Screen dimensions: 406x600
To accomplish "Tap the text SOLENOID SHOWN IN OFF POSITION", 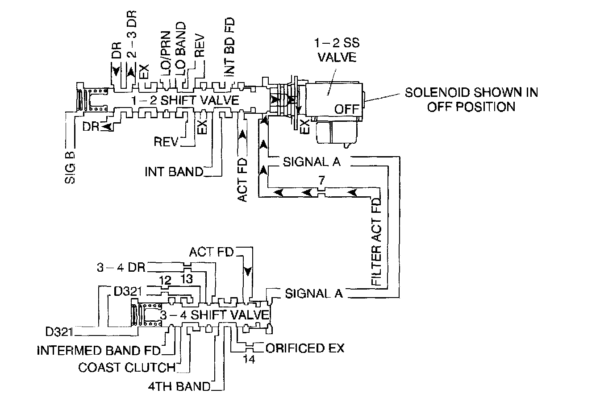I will [471, 99].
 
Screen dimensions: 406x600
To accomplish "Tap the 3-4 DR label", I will [121, 268].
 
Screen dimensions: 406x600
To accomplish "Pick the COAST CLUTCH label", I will [127, 368].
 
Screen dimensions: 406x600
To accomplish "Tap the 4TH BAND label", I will [179, 386].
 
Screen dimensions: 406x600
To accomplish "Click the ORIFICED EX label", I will [304, 348].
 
